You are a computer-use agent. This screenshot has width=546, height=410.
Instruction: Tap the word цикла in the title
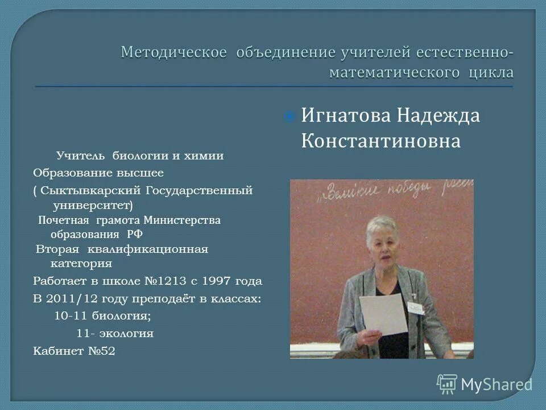(491, 72)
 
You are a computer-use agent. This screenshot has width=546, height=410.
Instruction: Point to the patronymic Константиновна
(380, 141)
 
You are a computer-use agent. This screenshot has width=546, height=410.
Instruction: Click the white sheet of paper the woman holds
(383, 314)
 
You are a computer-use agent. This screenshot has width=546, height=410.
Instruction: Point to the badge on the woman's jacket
(415, 306)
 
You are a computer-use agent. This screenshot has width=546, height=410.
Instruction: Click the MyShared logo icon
(447, 384)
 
